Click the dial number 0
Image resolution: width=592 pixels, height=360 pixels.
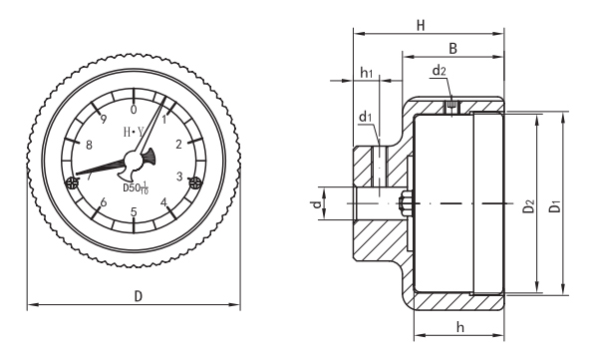tap(134, 110)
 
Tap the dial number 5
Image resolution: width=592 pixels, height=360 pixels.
tap(134, 212)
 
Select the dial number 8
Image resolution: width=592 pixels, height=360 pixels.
tap(89, 145)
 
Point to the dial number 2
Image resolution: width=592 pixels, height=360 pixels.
tap(179, 144)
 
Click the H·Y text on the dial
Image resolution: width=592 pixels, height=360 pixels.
tap(134, 132)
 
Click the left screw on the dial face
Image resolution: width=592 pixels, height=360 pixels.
tap(71, 183)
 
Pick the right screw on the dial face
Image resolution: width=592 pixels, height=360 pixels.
tap(195, 182)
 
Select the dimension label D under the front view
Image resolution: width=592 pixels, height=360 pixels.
tap(139, 296)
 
